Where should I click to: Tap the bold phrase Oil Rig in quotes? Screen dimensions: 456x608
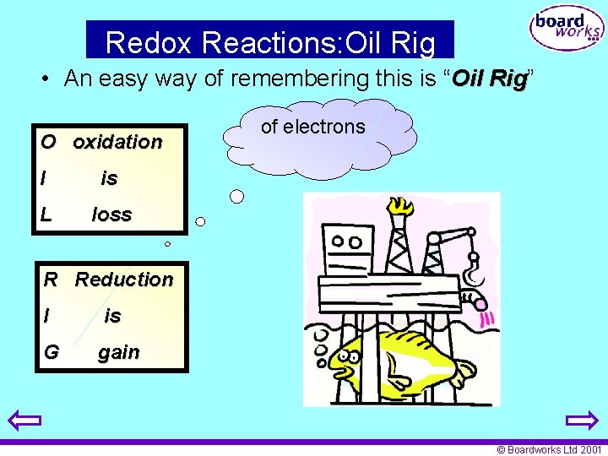[x=490, y=79]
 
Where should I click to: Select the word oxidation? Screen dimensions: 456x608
[x=117, y=142]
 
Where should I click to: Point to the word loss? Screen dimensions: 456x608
[x=112, y=214]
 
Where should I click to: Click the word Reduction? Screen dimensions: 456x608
[x=124, y=280]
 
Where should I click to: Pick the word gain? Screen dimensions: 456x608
[x=119, y=352]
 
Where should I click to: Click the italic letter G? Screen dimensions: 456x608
[x=51, y=352]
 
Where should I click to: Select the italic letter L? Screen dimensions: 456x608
[x=46, y=214]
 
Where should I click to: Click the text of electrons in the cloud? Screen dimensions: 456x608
[x=312, y=128]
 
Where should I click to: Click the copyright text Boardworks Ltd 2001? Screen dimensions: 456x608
[x=550, y=450]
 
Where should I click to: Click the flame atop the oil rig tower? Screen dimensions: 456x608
[x=396, y=207]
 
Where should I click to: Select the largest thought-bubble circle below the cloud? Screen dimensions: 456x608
[x=237, y=197]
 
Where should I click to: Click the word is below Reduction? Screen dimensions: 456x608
[x=112, y=316]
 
